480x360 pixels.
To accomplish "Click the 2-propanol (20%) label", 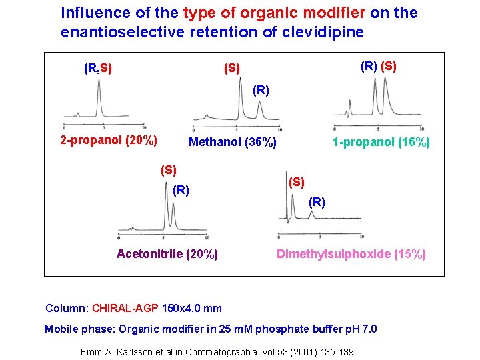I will [x=109, y=141].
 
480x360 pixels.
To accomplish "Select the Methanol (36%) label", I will [x=232, y=142].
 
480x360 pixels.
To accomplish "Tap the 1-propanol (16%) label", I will [x=381, y=142].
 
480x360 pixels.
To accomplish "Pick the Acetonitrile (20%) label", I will [x=167, y=253].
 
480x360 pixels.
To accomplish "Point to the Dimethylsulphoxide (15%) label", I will [x=351, y=253].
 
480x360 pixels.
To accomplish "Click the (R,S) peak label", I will [x=97, y=68].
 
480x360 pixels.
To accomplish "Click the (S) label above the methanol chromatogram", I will [x=233, y=68].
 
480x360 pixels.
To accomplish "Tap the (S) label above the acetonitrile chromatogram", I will [x=169, y=169].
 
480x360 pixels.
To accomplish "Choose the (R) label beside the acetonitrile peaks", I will [x=181, y=191].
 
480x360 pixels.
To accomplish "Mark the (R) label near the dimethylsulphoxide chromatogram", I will [x=317, y=202].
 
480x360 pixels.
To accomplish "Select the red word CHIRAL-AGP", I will [x=125, y=308].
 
